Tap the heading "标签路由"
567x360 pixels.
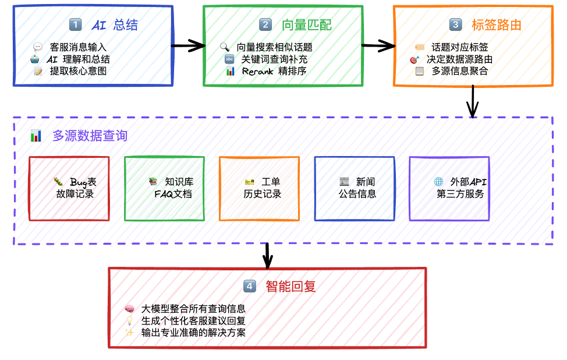coord(496,24)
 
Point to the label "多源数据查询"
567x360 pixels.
coord(90,136)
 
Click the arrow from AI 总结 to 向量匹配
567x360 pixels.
coord(189,45)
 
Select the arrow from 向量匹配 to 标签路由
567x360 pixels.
coord(378,45)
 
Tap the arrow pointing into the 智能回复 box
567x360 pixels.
coord(267,255)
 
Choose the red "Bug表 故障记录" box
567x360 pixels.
coord(69,188)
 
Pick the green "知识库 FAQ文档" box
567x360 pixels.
coord(164,188)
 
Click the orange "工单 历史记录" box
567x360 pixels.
coord(259,188)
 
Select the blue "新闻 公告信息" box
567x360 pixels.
coord(355,188)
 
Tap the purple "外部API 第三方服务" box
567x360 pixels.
coord(449,188)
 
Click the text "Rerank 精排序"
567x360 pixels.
coord(274,71)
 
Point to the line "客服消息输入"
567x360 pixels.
coord(78,47)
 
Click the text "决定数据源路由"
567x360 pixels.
coord(459,59)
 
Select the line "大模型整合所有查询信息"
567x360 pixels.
coord(193,309)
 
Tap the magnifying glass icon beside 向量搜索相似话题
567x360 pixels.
coord(225,47)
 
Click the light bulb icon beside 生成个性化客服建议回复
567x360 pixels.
coord(129,321)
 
